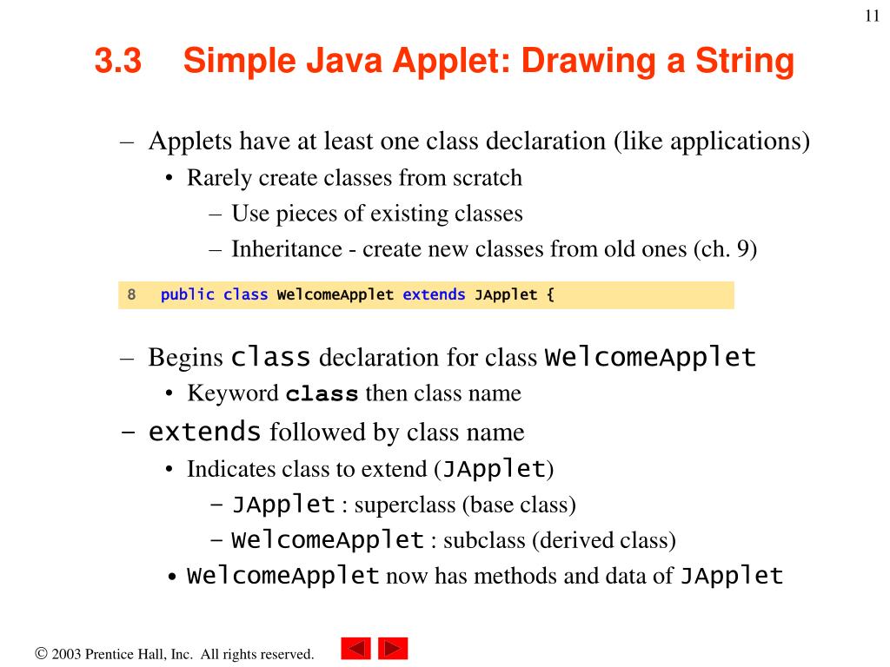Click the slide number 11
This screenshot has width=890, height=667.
point(873,18)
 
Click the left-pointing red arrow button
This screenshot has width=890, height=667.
point(355,649)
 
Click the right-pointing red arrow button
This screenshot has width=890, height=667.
point(393,649)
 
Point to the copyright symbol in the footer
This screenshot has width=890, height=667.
point(41,654)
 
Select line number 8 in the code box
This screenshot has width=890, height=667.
point(131,294)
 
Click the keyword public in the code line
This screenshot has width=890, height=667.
point(187,294)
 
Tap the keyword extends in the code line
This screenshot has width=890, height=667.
point(434,294)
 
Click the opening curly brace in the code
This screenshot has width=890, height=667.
point(549,294)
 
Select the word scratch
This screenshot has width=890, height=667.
point(487,178)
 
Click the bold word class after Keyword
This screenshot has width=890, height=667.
point(322,394)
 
